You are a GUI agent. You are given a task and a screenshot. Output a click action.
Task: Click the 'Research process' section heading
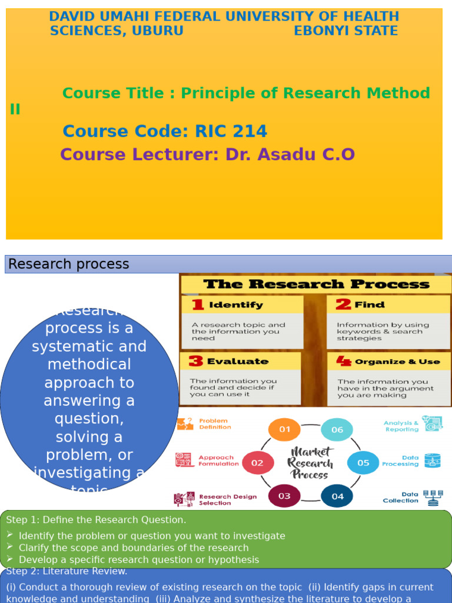[69, 264]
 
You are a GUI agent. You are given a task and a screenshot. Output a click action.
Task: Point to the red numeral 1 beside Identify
[198, 304]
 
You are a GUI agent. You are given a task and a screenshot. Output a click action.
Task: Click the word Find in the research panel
[370, 304]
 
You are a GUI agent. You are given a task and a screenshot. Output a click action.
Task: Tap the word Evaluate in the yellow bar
[237, 361]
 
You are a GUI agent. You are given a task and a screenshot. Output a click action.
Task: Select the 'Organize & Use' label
[397, 362]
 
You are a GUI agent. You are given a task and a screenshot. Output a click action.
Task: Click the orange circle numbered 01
[284, 429]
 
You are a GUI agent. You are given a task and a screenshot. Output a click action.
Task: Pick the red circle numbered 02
[258, 463]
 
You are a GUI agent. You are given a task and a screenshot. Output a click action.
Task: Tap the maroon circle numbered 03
[284, 496]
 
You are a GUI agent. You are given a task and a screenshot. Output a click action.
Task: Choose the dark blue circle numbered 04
[337, 496]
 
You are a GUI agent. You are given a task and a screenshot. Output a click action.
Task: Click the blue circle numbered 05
[363, 463]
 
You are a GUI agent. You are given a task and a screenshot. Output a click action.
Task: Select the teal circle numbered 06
[337, 429]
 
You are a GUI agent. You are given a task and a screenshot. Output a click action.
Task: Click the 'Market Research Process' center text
[310, 463]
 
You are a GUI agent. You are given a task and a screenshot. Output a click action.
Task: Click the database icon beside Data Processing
[433, 460]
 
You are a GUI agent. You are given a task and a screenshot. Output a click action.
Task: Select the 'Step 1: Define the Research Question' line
[96, 519]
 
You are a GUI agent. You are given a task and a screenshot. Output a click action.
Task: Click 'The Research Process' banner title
[316, 284]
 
